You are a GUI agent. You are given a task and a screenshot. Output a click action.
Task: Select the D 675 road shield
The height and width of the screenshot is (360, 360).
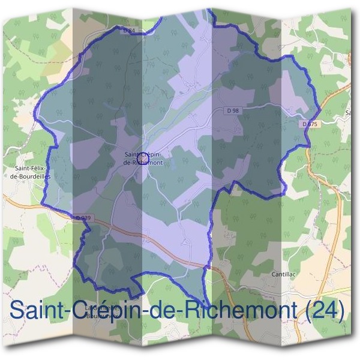point(308,124)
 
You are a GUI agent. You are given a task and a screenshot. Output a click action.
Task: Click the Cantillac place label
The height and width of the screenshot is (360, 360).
point(285,274)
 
